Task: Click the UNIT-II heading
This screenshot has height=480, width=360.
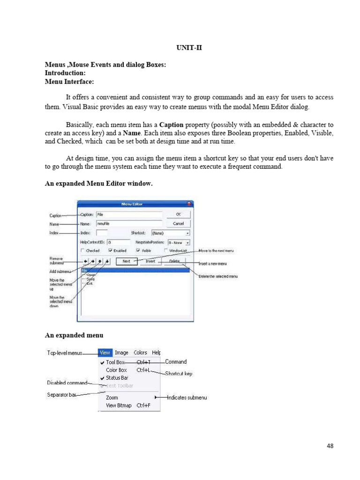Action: pyautogui.click(x=189, y=48)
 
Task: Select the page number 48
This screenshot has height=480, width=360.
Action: pyautogui.click(x=330, y=446)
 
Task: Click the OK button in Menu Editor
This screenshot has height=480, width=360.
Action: pyautogui.click(x=178, y=214)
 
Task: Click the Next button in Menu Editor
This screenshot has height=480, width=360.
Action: pyautogui.click(x=127, y=261)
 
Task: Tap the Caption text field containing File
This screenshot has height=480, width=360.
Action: pyautogui.click(x=128, y=214)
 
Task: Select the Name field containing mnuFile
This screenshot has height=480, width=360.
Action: pyautogui.click(x=128, y=224)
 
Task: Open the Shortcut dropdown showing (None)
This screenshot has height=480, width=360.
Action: pyautogui.click(x=170, y=232)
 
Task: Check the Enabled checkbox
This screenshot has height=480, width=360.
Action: pyautogui.click(x=110, y=251)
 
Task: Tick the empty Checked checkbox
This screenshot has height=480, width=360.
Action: pyautogui.click(x=83, y=251)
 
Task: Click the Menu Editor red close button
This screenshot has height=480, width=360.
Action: pyautogui.click(x=189, y=204)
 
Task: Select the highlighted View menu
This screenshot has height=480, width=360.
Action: pyautogui.click(x=105, y=352)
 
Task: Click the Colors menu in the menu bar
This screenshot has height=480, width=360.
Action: pyautogui.click(x=140, y=352)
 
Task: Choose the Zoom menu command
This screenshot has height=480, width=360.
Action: pyautogui.click(x=112, y=397)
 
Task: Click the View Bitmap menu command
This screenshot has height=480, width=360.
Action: pyautogui.click(x=119, y=405)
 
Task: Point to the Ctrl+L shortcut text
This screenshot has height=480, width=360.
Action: pyautogui.click(x=143, y=370)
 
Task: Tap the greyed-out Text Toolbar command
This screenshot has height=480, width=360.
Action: pyautogui.click(x=120, y=386)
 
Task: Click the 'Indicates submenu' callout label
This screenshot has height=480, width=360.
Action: pyautogui.click(x=187, y=397)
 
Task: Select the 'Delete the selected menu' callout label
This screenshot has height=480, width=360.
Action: pyautogui.click(x=218, y=277)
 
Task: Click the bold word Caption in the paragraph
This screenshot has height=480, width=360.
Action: pyautogui.click(x=171, y=125)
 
